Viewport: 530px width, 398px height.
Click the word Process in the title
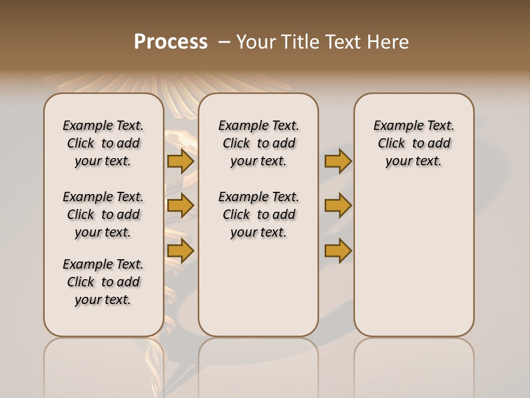[171, 42]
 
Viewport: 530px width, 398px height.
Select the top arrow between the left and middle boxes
[181, 161]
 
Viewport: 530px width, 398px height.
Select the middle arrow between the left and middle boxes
[181, 206]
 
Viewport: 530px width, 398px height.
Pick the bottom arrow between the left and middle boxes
[181, 251]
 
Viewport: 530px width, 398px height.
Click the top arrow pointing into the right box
[338, 161]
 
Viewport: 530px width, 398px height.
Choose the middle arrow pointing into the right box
[338, 206]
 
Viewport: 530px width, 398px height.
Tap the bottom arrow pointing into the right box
[338, 251]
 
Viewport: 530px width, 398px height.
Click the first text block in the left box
[103, 144]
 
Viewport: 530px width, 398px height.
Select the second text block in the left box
[103, 214]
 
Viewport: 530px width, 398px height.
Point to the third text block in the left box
[103, 282]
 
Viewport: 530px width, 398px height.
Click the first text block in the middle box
[258, 144]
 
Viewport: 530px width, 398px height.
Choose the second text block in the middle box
[258, 214]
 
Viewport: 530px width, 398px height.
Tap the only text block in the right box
[414, 144]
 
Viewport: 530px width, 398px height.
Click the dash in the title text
[224, 42]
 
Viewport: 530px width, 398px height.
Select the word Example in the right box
[394, 126]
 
